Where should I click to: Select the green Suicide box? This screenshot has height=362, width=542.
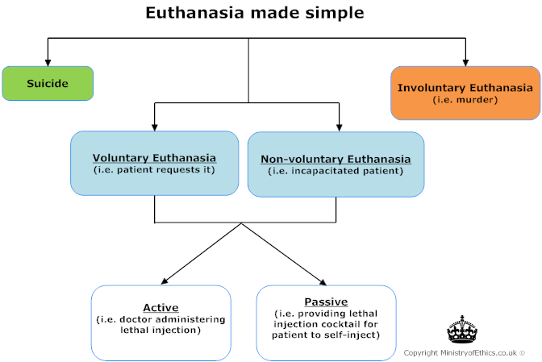pos(48,83)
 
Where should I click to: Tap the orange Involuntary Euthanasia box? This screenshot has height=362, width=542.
pos(465,93)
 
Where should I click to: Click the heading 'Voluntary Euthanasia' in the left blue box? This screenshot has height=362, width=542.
pos(154,157)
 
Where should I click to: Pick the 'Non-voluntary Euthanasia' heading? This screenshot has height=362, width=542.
pos(336,159)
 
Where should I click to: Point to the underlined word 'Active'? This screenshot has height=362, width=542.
pos(161,307)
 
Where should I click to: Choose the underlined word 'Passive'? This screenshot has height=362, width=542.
pos(326,302)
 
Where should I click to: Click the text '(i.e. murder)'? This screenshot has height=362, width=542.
pos(465,100)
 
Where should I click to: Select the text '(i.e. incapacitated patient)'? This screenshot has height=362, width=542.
pos(336,171)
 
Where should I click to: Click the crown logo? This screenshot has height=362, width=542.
pos(463,331)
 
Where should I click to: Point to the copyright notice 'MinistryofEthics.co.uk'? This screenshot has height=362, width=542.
pos(464,352)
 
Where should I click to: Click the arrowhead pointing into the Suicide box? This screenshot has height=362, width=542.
pos(48,61)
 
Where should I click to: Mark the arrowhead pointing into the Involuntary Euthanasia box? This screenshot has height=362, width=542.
pos(465,61)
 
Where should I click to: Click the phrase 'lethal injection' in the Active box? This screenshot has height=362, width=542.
pos(161,329)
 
